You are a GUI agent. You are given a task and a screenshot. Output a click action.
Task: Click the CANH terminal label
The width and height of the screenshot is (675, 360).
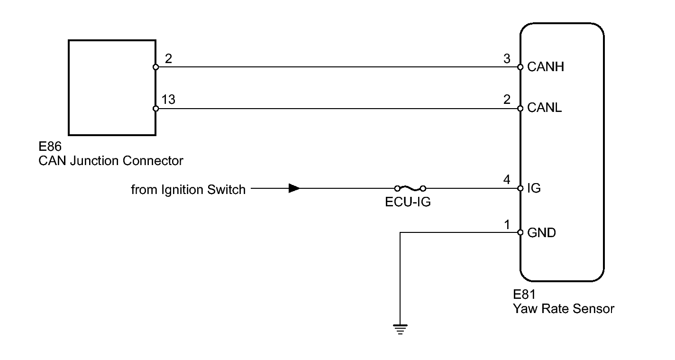click(545, 67)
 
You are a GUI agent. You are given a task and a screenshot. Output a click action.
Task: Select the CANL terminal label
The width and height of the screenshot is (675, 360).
click(544, 108)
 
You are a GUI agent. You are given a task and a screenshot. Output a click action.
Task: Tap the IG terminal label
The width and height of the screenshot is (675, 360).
click(534, 188)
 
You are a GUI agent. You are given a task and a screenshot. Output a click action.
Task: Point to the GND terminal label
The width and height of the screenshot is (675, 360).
click(541, 233)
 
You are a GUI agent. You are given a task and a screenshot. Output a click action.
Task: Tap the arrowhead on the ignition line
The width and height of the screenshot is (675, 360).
click(294, 188)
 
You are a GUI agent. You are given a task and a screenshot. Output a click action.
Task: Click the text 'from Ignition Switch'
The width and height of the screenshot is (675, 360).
click(188, 190)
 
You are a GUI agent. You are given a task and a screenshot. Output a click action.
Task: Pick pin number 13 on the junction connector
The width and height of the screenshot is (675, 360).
click(168, 100)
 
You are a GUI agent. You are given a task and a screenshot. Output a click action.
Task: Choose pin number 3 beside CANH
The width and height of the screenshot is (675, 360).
click(507, 59)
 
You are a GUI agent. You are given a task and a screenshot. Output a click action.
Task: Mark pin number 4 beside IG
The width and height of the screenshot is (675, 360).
click(507, 180)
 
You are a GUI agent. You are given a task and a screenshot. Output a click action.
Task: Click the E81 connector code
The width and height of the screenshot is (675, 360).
click(524, 295)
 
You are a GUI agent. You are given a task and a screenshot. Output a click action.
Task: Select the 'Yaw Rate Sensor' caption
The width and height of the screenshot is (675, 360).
click(563, 309)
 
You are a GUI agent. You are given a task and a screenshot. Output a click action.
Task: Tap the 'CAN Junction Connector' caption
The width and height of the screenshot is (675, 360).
click(110, 161)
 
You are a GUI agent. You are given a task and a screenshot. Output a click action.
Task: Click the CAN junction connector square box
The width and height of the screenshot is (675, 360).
click(112, 87)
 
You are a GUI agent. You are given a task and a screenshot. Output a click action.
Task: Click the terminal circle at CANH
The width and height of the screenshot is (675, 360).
click(520, 67)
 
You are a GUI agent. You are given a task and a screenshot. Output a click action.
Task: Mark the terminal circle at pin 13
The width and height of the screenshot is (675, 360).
click(156, 109)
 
